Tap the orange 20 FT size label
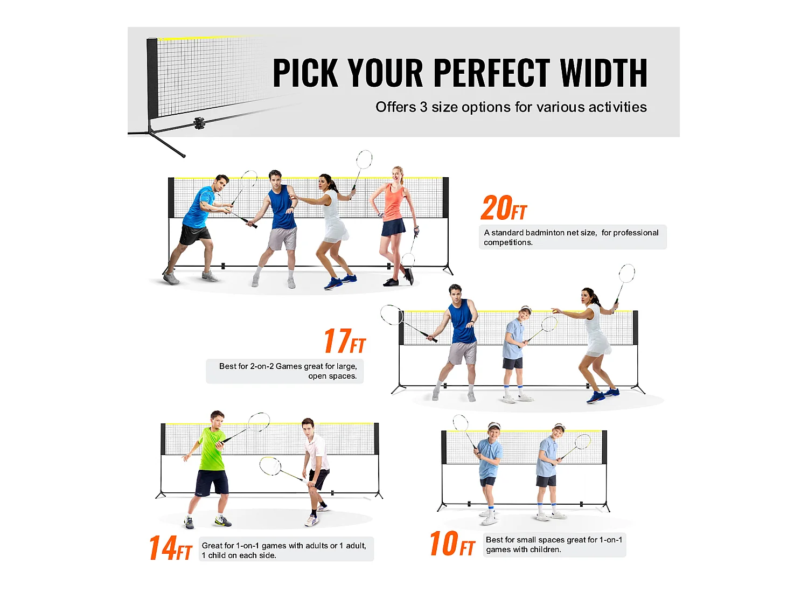click(504, 208)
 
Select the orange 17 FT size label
click(345, 342)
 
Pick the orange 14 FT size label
click(170, 548)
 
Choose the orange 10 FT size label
click(452, 544)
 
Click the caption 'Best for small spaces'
click(554, 545)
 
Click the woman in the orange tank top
click(394, 215)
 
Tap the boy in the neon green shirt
click(211, 463)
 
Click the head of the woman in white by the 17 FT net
click(588, 296)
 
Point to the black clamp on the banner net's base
click(199, 123)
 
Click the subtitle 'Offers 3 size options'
click(511, 107)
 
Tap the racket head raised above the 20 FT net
click(364, 159)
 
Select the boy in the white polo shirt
click(315, 463)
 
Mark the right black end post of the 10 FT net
click(604, 447)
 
